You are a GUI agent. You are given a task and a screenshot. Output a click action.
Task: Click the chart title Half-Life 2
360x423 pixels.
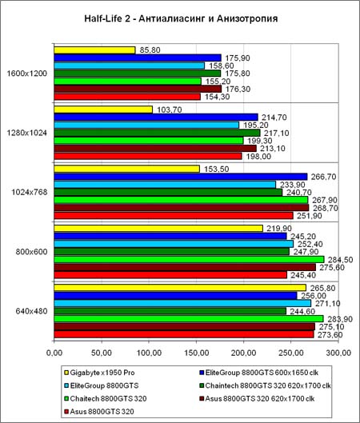(181, 18)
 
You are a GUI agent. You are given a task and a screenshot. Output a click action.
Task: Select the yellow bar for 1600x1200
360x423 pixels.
(94, 50)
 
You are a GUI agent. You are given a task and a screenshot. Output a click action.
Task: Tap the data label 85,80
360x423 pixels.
(150, 50)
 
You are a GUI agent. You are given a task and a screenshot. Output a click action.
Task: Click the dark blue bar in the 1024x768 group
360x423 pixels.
(181, 177)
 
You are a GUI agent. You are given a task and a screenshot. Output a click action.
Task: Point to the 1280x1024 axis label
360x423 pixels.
(26, 133)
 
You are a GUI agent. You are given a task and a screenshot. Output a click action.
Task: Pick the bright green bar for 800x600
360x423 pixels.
(189, 260)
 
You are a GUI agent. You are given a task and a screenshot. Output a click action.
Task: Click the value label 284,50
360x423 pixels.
(340, 260)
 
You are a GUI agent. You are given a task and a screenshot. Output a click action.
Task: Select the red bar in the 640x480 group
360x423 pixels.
(184, 334)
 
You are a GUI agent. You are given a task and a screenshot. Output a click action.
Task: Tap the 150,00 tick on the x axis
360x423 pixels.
(197, 353)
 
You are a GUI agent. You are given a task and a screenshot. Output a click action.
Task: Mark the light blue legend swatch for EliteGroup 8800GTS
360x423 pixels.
(66, 385)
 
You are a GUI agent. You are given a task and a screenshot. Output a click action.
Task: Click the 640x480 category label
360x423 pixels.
(31, 311)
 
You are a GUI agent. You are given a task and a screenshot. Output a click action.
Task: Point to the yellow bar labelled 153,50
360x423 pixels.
(127, 170)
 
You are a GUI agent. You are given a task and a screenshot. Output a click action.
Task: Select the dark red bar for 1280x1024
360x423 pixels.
(155, 149)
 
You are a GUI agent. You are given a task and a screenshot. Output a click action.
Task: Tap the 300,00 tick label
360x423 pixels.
(338, 353)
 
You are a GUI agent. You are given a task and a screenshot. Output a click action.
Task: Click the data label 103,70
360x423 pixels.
(170, 110)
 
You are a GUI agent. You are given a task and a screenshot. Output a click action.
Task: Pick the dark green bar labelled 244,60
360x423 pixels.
(170, 311)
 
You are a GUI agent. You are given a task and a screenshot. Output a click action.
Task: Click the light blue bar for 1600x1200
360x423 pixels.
(130, 66)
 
